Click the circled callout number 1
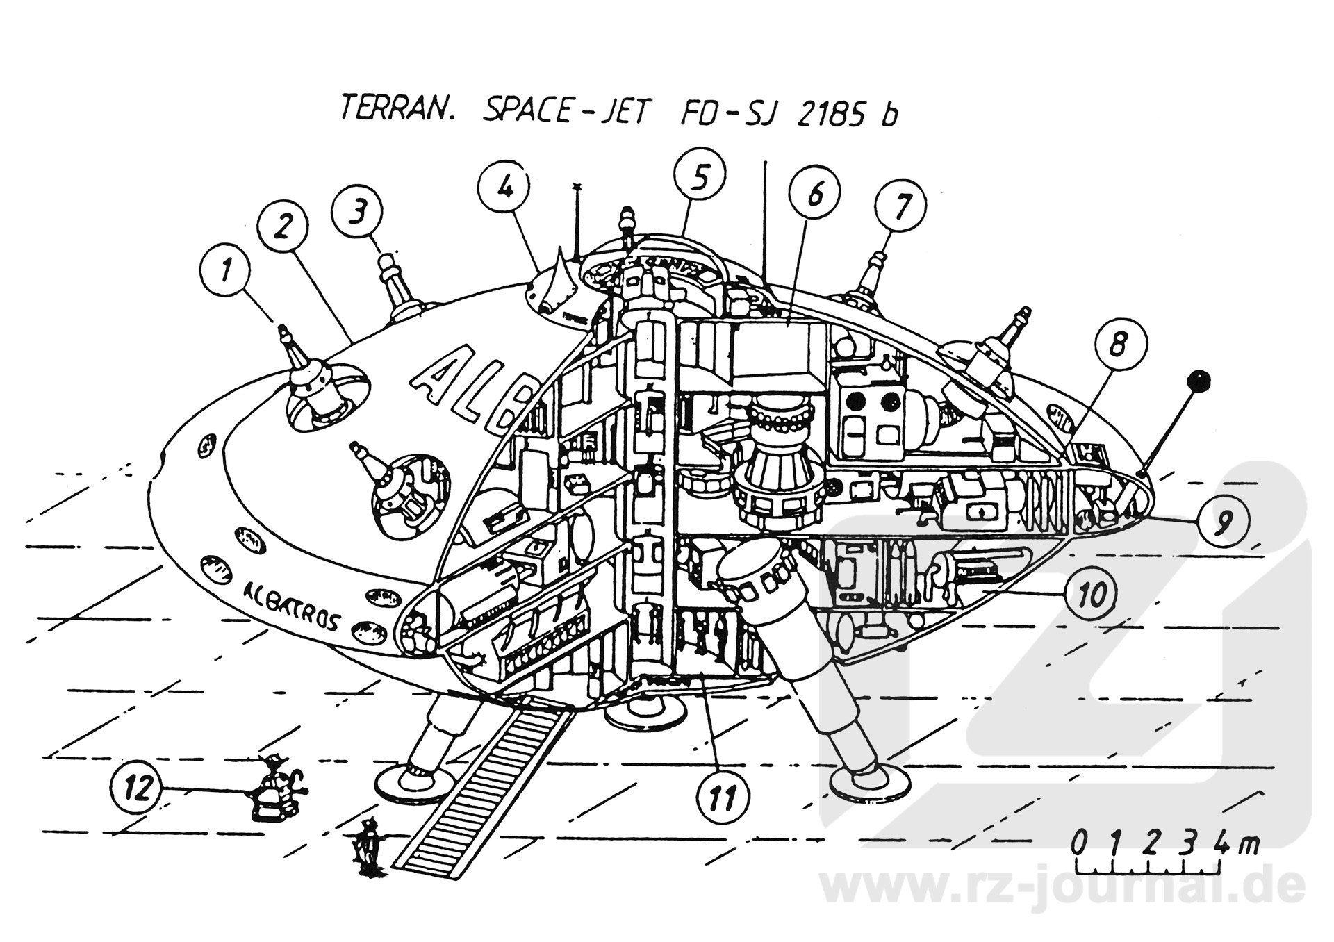click(x=225, y=271)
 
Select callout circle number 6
click(x=814, y=194)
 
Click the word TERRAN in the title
click(x=395, y=110)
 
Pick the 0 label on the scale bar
click(x=1079, y=843)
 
